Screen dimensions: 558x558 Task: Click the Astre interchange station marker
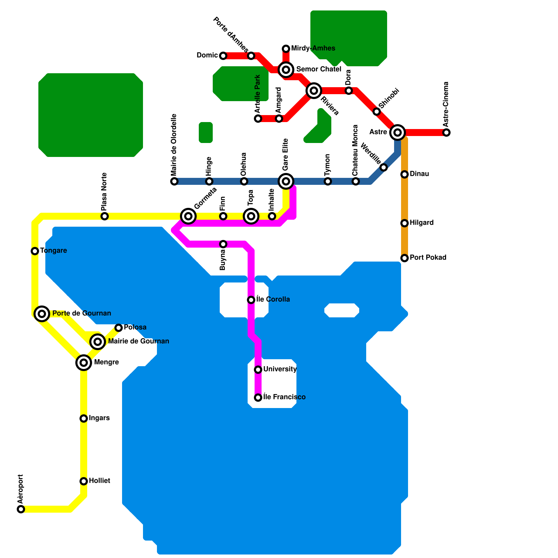pos(398,132)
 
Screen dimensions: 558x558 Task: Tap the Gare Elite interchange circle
pos(286,181)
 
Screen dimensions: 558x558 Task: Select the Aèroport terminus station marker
pos(21,509)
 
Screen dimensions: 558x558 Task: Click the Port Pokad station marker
pos(405,258)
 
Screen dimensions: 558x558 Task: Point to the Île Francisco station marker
pos(258,398)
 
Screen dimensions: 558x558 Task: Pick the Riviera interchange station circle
pos(314,91)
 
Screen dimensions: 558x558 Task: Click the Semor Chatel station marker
pos(286,70)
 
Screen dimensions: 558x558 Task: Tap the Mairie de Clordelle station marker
pos(174,181)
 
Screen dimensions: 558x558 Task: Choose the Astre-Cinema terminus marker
pos(446,133)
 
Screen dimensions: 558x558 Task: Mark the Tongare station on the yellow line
pos(35,251)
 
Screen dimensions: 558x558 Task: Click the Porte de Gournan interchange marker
pos(42,314)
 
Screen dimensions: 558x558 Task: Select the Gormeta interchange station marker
pos(188,216)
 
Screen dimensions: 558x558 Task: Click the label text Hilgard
pos(422,223)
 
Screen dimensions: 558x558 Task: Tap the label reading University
pos(280,369)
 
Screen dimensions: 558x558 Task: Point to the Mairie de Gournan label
pos(138,341)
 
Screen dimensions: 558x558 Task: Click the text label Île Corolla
pos(273,299)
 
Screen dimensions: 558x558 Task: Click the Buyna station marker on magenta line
pos(223,244)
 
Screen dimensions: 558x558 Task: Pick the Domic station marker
pos(223,56)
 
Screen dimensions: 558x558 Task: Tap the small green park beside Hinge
pos(206,133)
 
